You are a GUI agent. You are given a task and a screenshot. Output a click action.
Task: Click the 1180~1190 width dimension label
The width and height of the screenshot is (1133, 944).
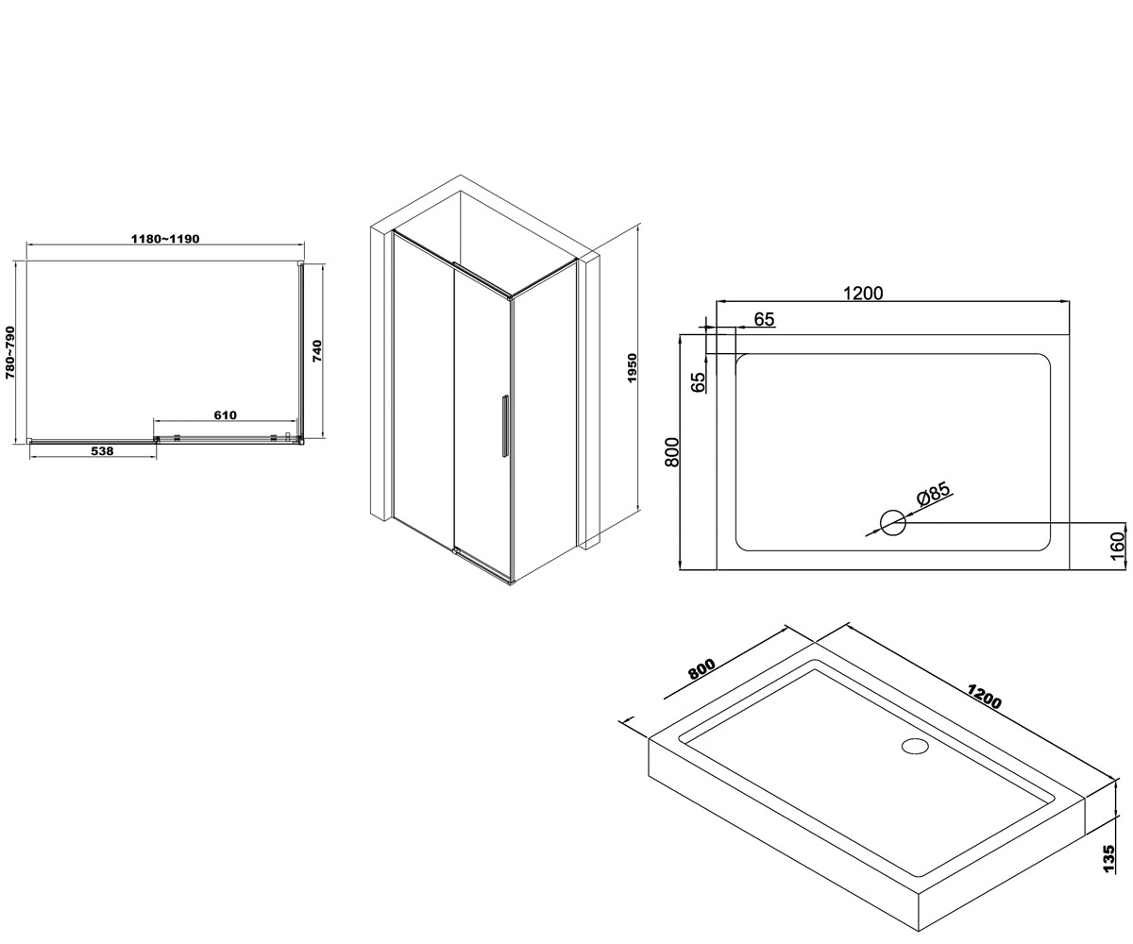pyautogui.click(x=165, y=239)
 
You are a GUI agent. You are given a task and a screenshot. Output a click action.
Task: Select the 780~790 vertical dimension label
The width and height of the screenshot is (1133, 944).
pyautogui.click(x=10, y=352)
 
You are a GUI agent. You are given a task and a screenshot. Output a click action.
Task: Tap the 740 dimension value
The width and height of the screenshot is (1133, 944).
pyautogui.click(x=317, y=350)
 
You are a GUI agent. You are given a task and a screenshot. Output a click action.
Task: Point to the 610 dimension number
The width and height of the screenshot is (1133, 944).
pyautogui.click(x=226, y=415)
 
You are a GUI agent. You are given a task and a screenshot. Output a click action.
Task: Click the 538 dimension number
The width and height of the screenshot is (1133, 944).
pyautogui.click(x=103, y=451)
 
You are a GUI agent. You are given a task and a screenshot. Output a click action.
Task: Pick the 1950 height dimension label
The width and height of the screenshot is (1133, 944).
pyautogui.click(x=631, y=368)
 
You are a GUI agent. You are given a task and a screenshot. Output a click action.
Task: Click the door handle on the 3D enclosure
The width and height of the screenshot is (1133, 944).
pyautogui.click(x=505, y=426)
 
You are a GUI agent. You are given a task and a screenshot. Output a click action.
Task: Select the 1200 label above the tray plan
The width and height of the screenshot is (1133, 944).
pyautogui.click(x=863, y=293)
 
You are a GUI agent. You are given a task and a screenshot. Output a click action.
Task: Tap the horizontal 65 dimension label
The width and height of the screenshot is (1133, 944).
pyautogui.click(x=764, y=320)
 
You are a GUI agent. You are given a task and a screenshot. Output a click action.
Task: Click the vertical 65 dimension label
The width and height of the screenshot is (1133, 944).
pyautogui.click(x=699, y=382)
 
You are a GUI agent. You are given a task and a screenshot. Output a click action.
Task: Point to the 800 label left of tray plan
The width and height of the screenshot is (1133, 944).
pyautogui.click(x=671, y=451)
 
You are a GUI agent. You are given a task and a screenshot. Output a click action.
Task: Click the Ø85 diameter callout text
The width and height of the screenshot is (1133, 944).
pyautogui.click(x=933, y=495)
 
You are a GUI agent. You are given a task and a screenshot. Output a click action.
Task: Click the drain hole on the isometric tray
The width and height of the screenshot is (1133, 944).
pyautogui.click(x=915, y=745)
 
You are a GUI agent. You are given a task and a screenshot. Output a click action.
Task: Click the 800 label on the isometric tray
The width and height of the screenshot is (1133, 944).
pyautogui.click(x=702, y=669)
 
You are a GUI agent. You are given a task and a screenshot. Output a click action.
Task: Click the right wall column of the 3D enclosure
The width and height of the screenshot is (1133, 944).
pyautogui.click(x=589, y=401)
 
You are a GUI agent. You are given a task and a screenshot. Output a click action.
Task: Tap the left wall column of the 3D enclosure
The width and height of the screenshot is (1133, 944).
pyautogui.click(x=380, y=372)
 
